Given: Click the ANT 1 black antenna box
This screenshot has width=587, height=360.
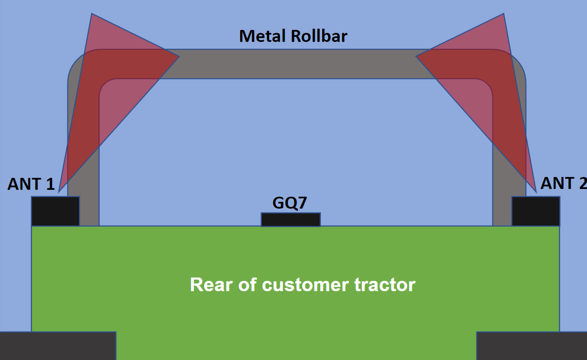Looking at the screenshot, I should coord(56,211).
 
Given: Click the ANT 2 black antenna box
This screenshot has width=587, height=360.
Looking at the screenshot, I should coord(536,211).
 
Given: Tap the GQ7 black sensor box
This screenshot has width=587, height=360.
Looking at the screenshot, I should coord(291,220).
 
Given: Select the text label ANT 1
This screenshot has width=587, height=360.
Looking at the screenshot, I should coord(31,184).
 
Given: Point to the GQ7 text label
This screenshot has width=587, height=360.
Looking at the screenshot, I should coord(290,203).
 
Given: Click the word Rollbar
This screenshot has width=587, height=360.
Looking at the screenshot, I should coord(319,36).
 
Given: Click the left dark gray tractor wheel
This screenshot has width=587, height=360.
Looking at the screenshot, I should coord(58,345).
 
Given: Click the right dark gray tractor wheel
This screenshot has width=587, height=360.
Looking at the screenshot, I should coord(531,345).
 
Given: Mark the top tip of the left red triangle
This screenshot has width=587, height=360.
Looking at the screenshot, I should coord(92,15).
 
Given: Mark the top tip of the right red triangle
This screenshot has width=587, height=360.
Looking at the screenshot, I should coord(503,15).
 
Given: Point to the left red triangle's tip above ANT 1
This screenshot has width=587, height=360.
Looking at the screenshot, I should coord(59,191).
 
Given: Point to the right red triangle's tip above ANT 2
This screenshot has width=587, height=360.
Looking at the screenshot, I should coord(536,191).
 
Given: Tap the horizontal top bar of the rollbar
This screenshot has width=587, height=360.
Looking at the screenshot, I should coord(295,64).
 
